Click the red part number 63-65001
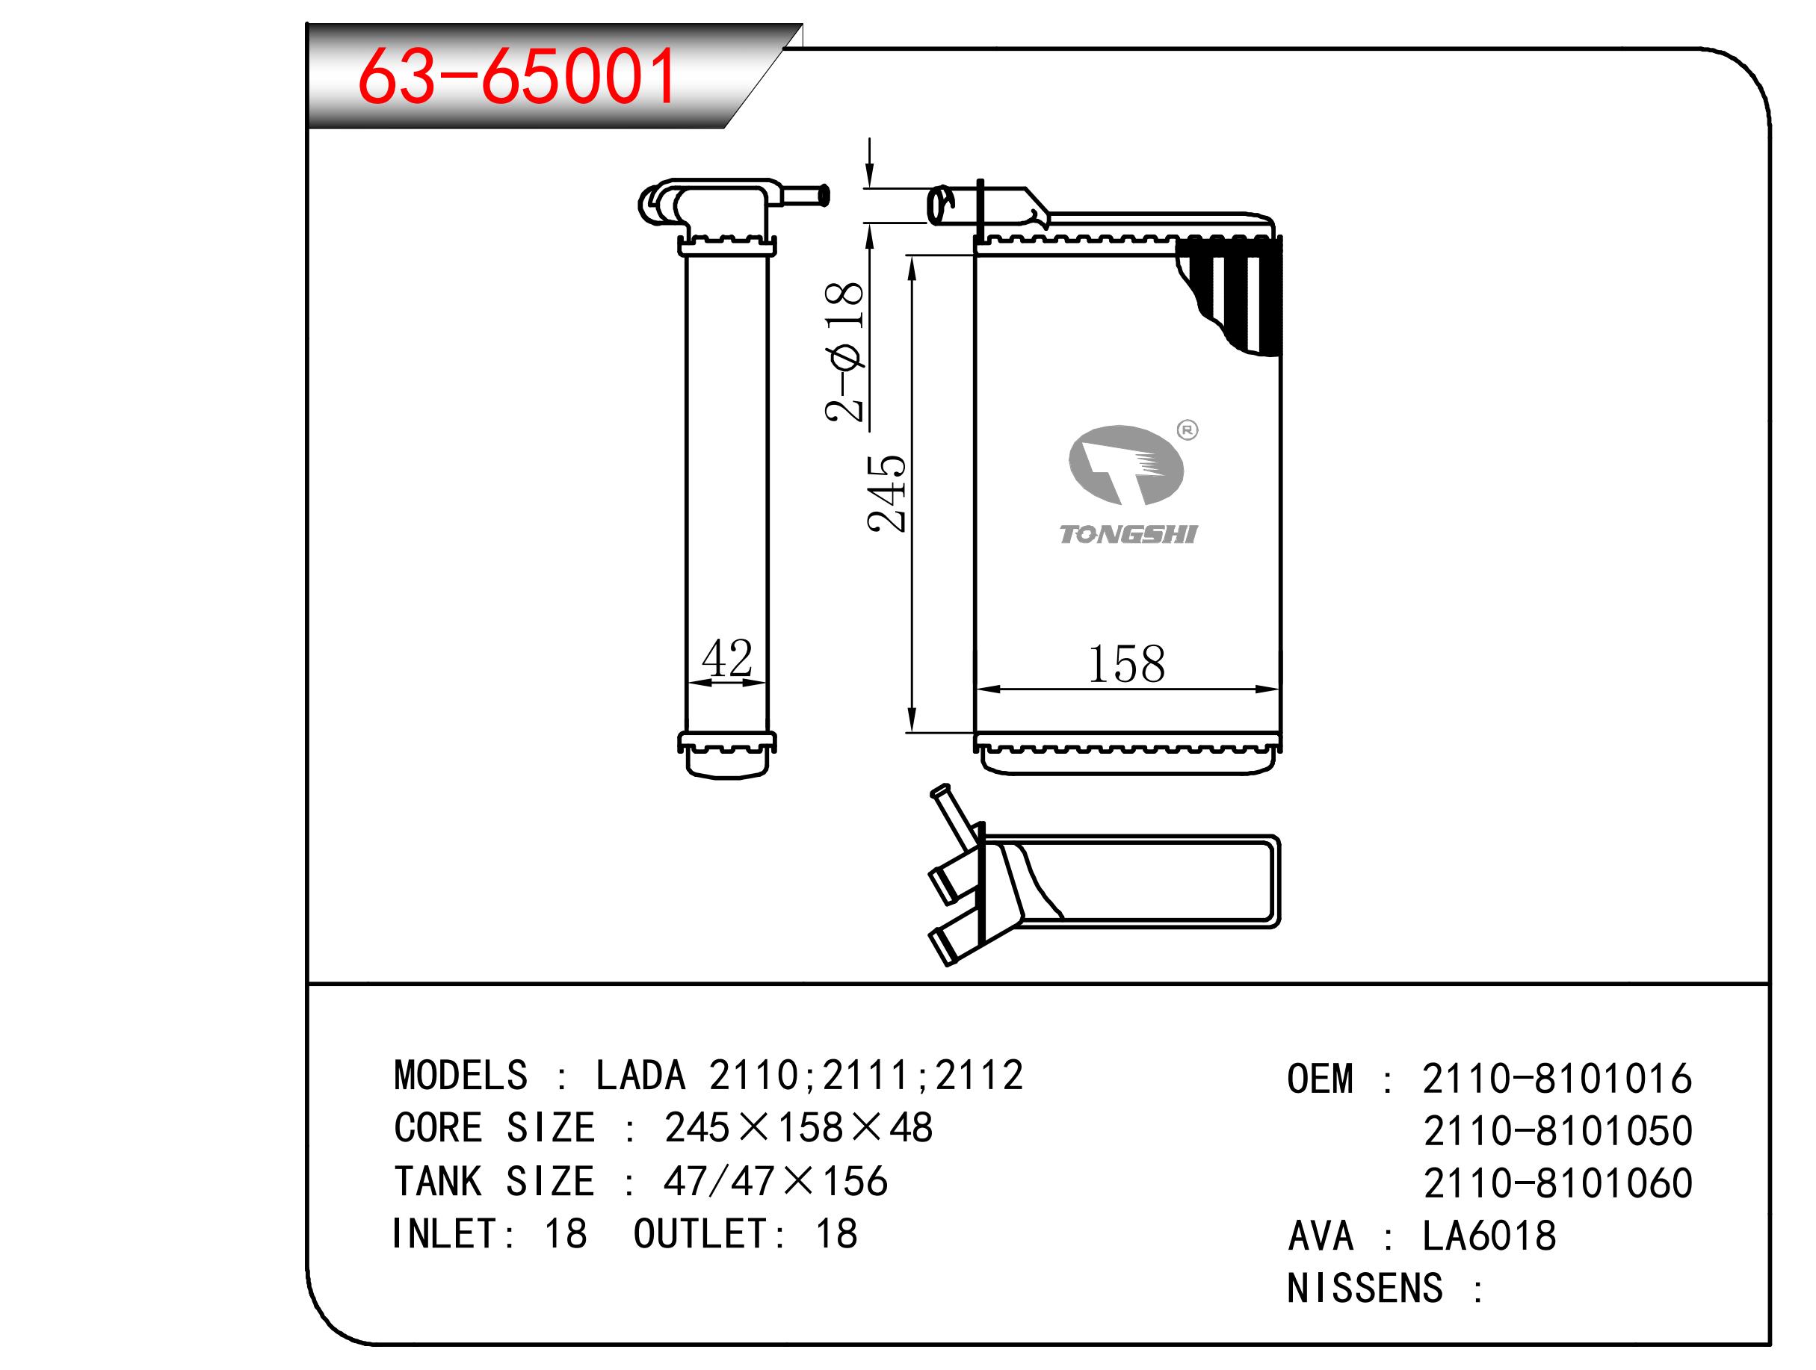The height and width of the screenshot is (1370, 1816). pyautogui.click(x=516, y=76)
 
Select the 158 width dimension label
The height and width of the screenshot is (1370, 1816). pyautogui.click(x=1125, y=664)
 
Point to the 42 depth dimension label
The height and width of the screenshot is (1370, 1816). pyautogui.click(x=726, y=657)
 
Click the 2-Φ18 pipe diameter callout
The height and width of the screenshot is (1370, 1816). pyautogui.click(x=844, y=351)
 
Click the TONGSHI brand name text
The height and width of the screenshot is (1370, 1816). pyautogui.click(x=1128, y=534)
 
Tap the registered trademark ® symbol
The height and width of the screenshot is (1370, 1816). pyautogui.click(x=1187, y=430)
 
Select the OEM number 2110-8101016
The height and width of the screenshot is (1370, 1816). pyautogui.click(x=1557, y=1079)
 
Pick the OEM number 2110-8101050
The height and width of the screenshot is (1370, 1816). pyautogui.click(x=1557, y=1131)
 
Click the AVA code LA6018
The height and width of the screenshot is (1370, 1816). pyautogui.click(x=1489, y=1236)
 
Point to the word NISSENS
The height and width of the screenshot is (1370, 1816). pyautogui.click(x=1365, y=1288)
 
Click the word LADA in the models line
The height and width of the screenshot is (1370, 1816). pyautogui.click(x=640, y=1076)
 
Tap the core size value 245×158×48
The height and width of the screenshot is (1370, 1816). pyautogui.click(x=798, y=1128)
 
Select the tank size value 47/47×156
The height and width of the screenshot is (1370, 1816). pyautogui.click(x=775, y=1180)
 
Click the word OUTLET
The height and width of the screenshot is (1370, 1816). pyautogui.click(x=700, y=1234)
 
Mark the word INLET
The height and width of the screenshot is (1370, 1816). pyautogui.click(x=443, y=1234)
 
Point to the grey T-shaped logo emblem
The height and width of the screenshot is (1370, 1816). pyautogui.click(x=1125, y=465)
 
